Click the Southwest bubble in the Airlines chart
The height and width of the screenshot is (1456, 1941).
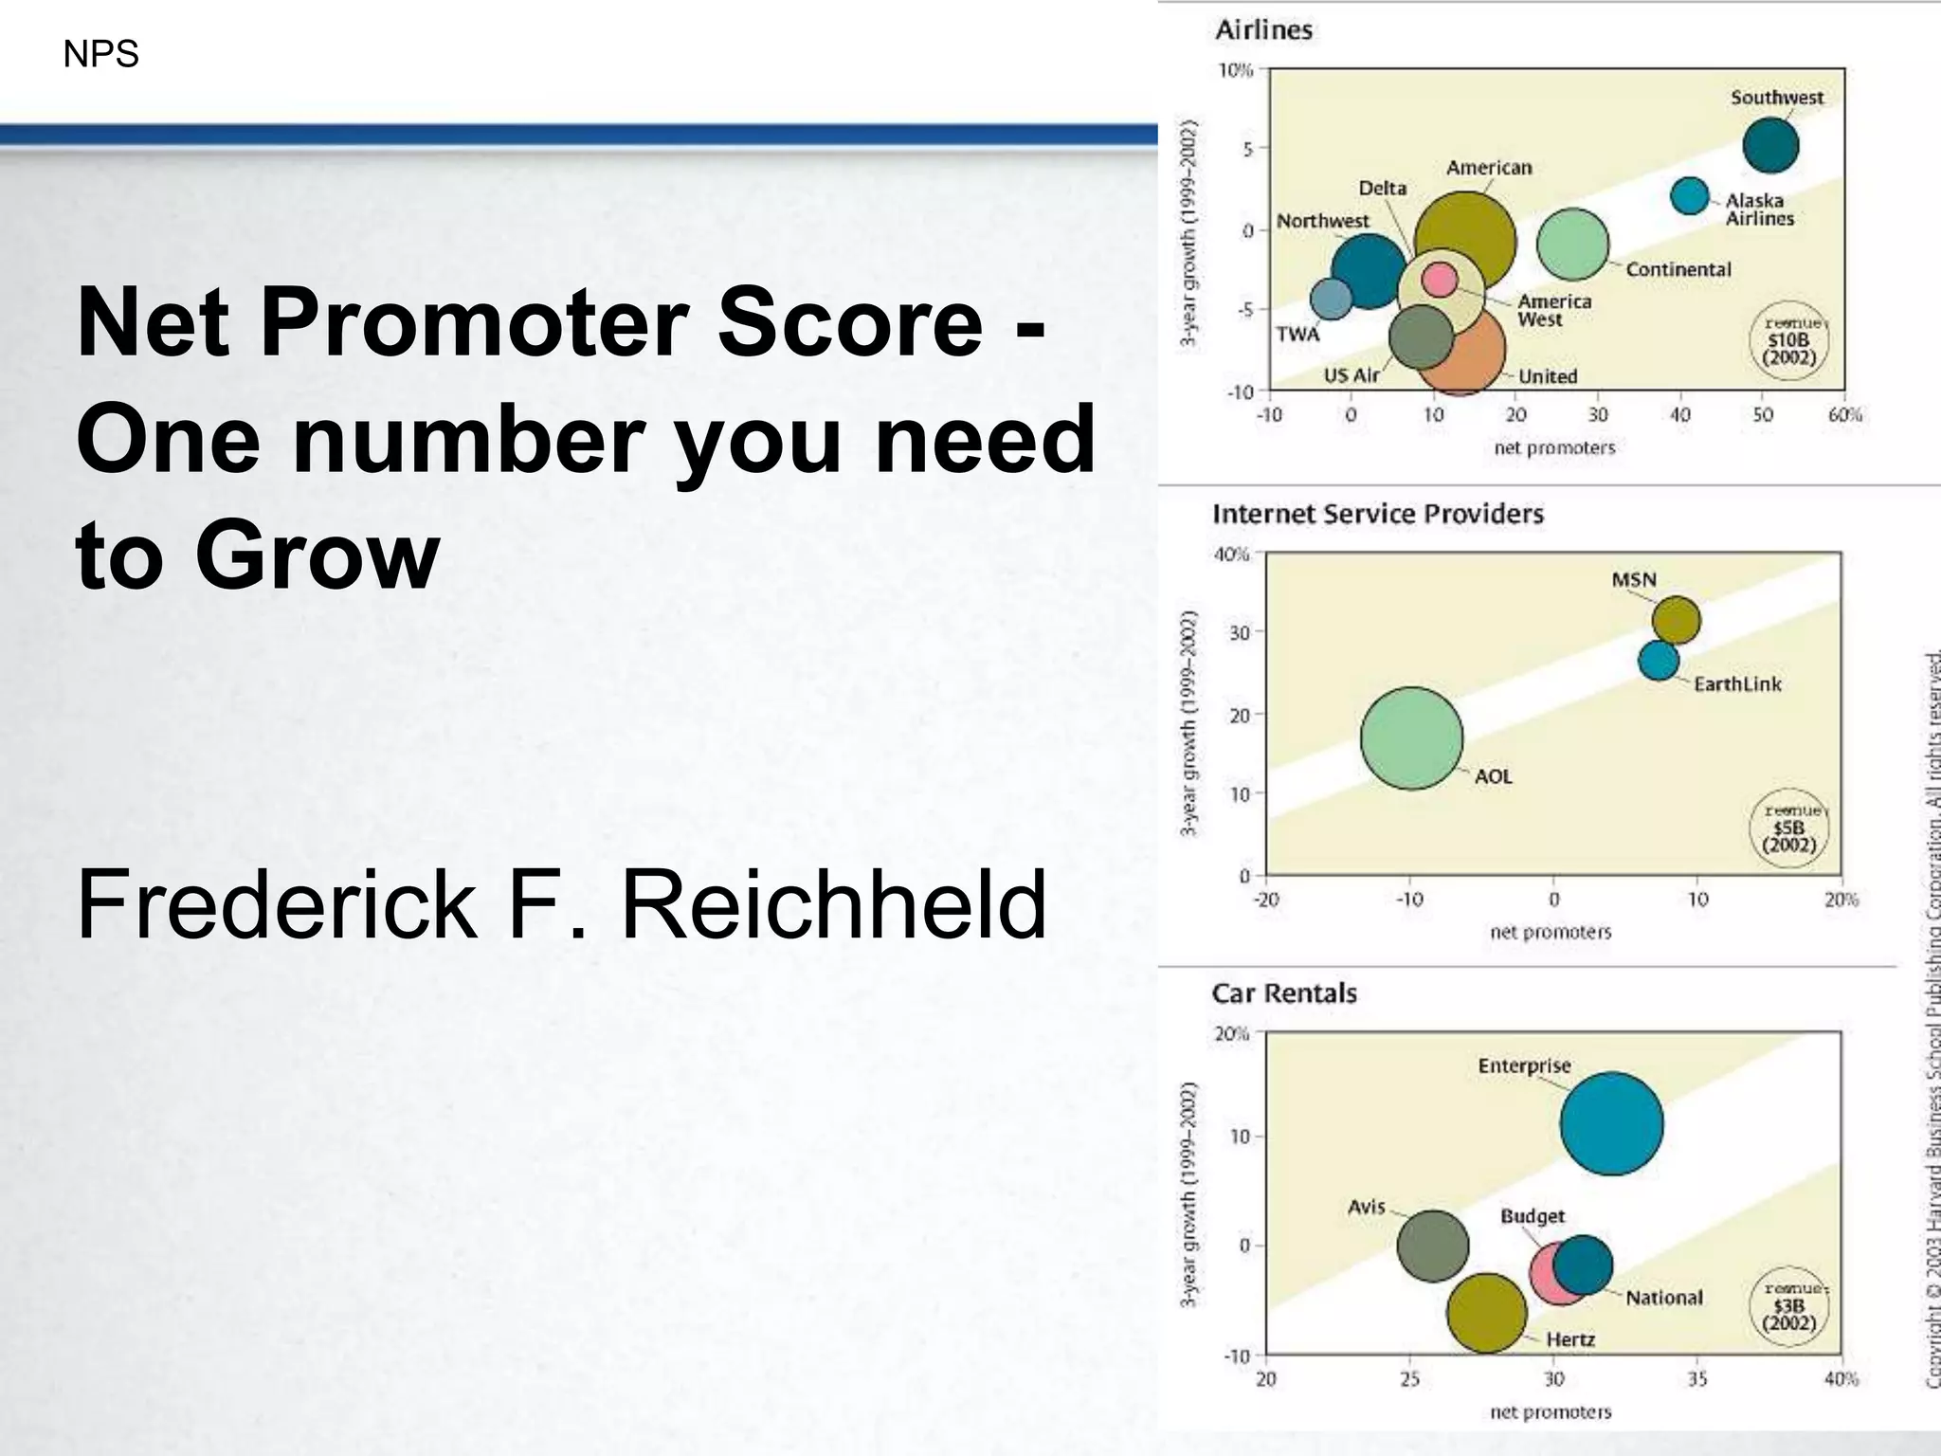click(1770, 145)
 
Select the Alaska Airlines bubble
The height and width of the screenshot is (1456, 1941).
click(1689, 196)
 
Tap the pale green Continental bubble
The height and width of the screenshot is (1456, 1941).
click(1572, 245)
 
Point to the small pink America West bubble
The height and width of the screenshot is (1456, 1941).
click(1440, 280)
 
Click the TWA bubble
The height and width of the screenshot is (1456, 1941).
click(1331, 299)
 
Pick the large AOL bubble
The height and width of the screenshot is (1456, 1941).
click(1411, 738)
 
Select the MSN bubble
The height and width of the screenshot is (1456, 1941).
click(1676, 620)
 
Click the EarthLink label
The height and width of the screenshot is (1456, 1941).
click(1737, 684)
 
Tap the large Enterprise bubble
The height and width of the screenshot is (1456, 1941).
click(1611, 1123)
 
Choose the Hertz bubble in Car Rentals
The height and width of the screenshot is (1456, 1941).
click(1485, 1313)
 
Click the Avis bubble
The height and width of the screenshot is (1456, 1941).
click(1432, 1246)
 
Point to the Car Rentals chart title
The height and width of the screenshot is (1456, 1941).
click(1284, 993)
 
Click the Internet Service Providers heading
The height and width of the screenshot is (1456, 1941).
click(1377, 514)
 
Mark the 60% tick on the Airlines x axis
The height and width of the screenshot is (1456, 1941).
click(1844, 415)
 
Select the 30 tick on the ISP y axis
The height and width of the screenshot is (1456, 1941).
click(1240, 633)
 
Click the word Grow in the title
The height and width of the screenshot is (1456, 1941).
click(317, 555)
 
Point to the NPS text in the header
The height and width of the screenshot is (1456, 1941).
click(100, 54)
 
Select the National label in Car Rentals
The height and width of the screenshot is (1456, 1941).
click(1663, 1298)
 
